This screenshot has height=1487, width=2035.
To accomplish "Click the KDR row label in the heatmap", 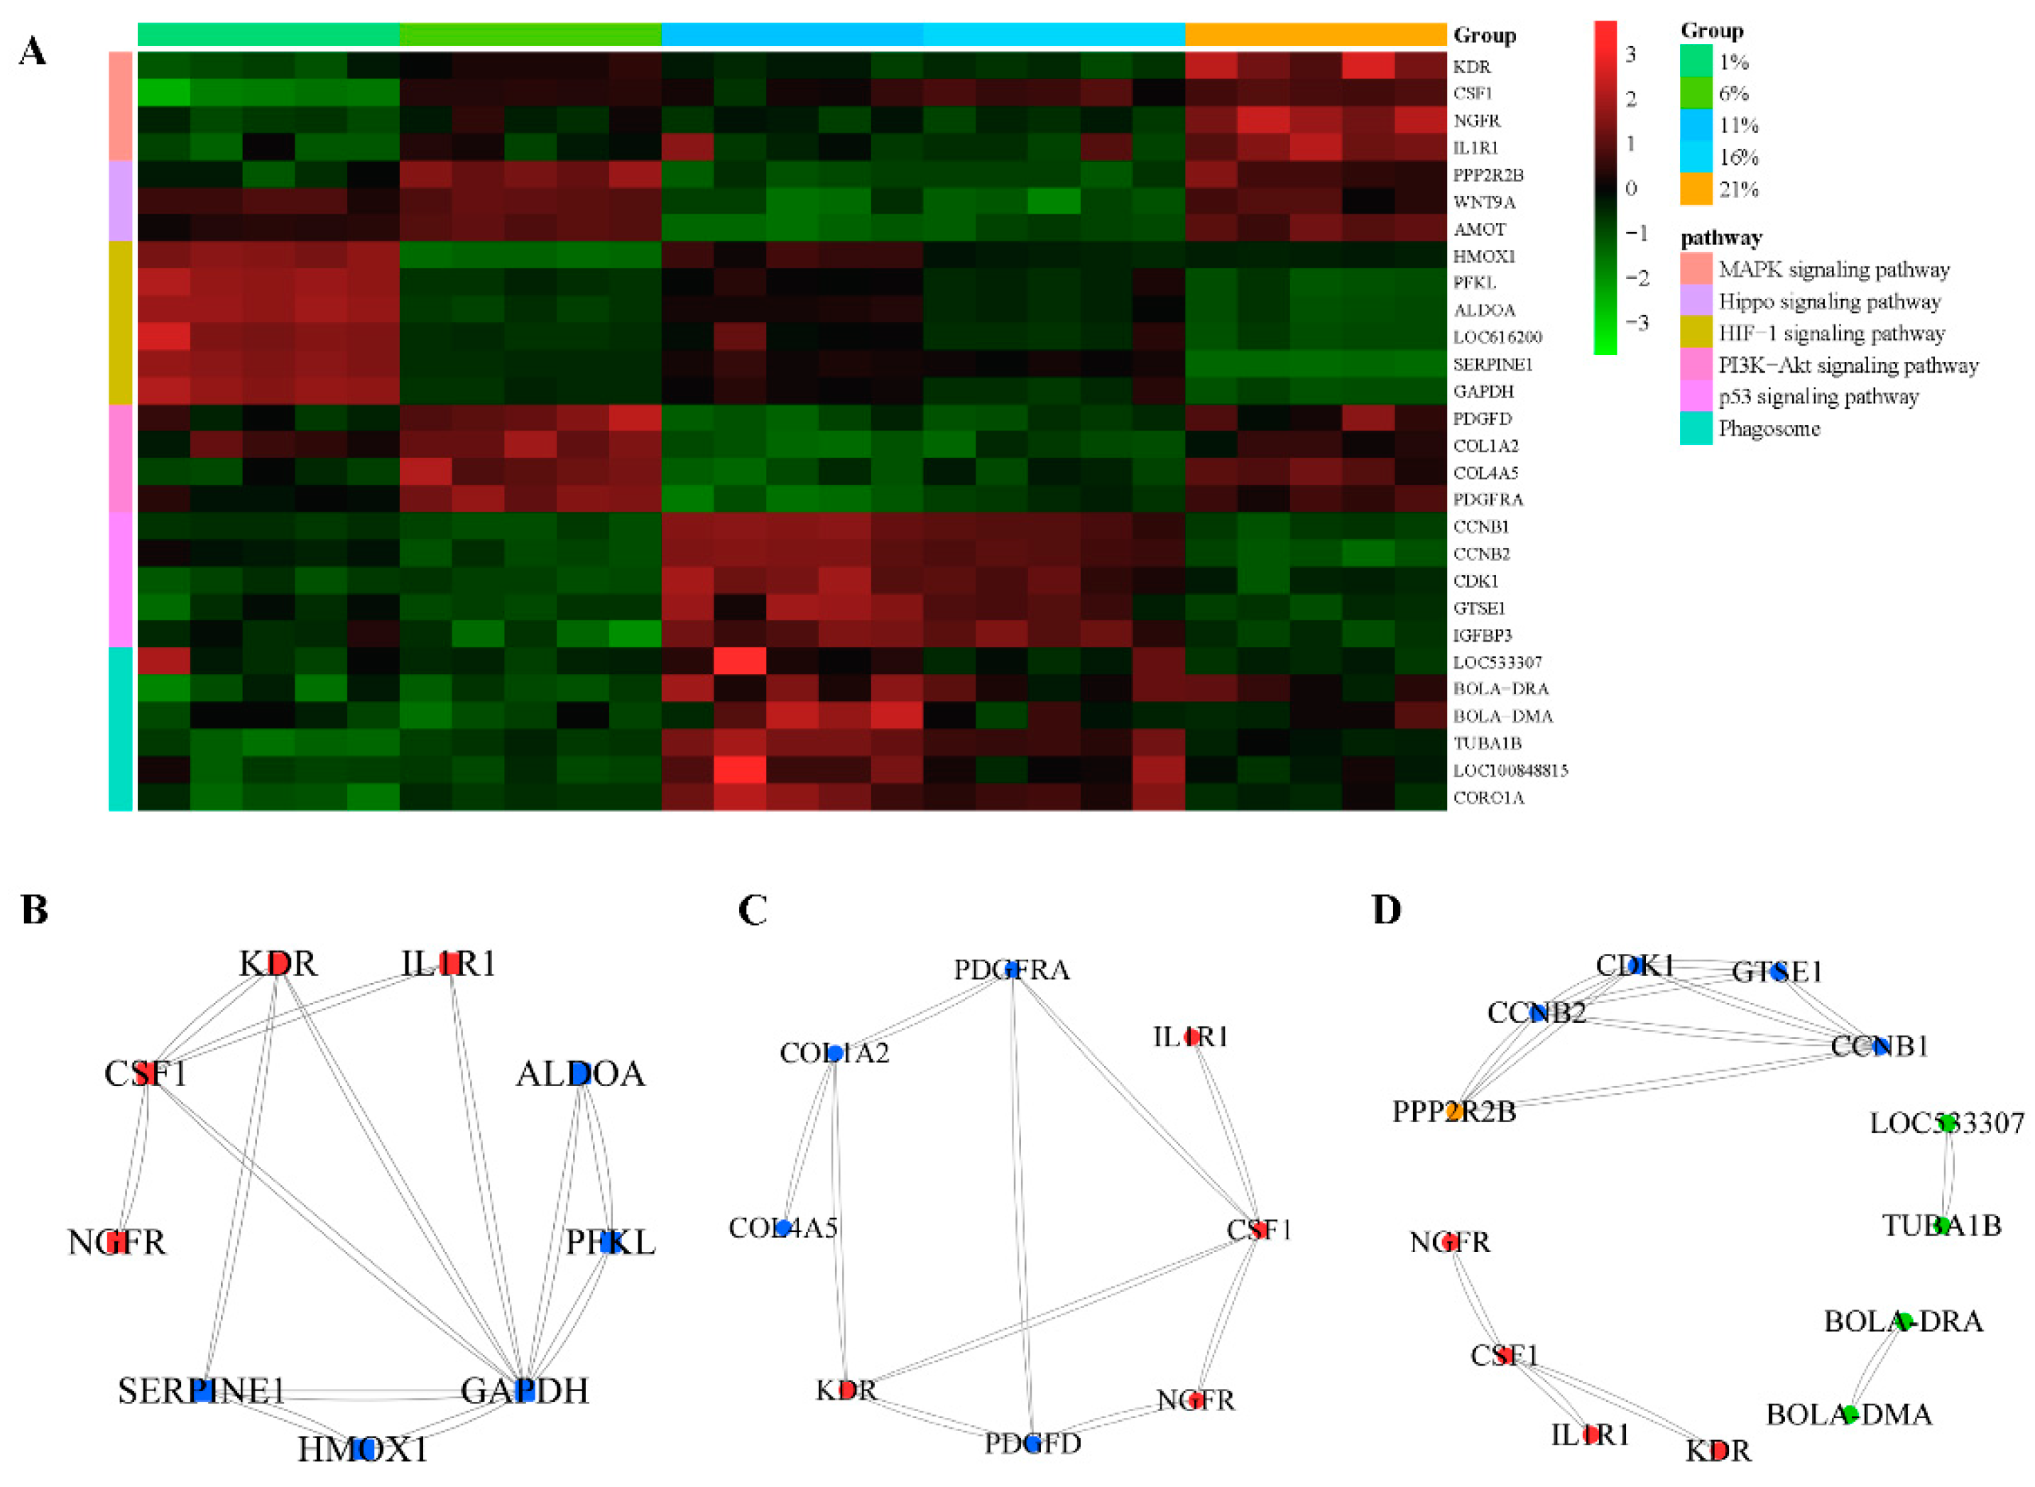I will click(x=1471, y=67).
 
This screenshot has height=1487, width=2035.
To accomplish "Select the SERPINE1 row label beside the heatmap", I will click(x=1492, y=365).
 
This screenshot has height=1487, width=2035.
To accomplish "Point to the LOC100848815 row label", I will click(x=1510, y=771).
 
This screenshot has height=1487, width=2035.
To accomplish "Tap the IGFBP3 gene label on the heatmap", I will click(x=1482, y=635).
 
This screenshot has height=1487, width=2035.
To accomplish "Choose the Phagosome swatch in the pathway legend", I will click(x=1696, y=429).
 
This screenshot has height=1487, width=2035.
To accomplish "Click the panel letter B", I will click(x=34, y=910).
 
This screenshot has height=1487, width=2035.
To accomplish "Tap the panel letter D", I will click(x=1387, y=910).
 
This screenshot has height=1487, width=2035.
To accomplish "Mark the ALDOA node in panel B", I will click(x=581, y=1074).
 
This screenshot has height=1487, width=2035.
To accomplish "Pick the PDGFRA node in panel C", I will click(x=1012, y=970).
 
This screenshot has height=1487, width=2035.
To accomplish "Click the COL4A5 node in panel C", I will click(x=783, y=1228).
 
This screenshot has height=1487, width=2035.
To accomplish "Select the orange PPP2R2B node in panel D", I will click(x=1453, y=1112).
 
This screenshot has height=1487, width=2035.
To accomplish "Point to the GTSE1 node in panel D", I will click(x=1777, y=972).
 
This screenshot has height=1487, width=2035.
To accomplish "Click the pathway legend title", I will click(x=1720, y=238).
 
